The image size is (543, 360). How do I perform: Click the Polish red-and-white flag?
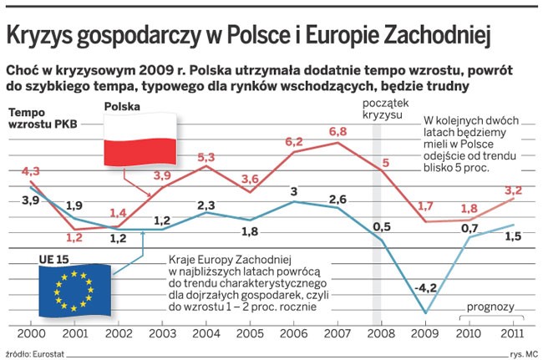coord(140,139)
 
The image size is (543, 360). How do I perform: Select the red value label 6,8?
coord(338,131)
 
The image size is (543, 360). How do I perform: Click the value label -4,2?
coord(425,288)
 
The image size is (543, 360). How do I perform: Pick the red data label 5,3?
coord(206,156)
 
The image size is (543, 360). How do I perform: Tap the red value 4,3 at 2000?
coord(18,172)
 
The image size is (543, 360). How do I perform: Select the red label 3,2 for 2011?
coord(514,190)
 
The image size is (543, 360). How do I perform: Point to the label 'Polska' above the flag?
coord(122,107)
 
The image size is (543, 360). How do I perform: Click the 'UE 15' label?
coord(53,260)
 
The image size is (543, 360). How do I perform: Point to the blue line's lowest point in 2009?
coord(426,314)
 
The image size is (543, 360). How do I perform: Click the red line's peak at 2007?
coord(338,142)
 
